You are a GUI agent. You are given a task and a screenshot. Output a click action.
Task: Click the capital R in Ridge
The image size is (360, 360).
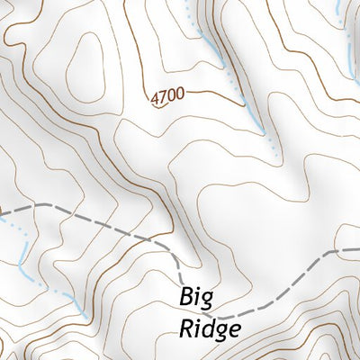pyautogui.click(x=184, y=328)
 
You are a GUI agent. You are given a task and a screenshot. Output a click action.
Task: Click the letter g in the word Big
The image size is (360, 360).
pyautogui.click(x=210, y=300)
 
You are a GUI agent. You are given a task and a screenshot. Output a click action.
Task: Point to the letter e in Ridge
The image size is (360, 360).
pyautogui.click(x=233, y=330)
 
